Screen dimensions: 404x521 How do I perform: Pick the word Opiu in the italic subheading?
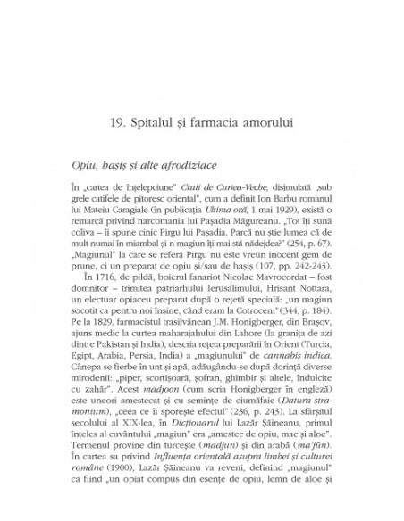click(x=112, y=166)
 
